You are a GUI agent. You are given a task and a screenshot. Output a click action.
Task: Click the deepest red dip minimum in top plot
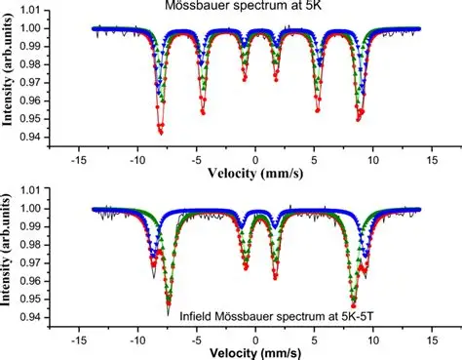161,131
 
